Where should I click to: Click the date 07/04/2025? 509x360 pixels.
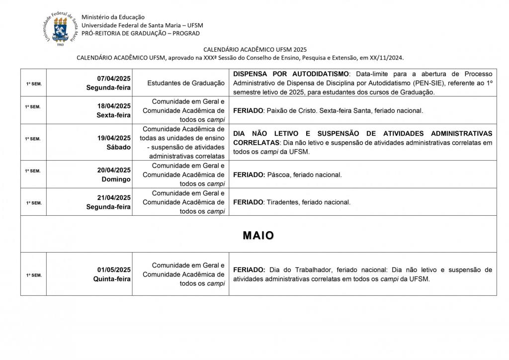pyautogui.click(x=114, y=79)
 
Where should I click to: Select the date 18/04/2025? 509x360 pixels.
pyautogui.click(x=114, y=106)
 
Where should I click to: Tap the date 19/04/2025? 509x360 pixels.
pyautogui.click(x=114, y=138)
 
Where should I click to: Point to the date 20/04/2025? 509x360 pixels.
pyautogui.click(x=114, y=170)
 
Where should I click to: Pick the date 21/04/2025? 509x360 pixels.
pyautogui.click(x=114, y=197)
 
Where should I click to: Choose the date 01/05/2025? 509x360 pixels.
pyautogui.click(x=114, y=270)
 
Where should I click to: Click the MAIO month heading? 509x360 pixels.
pyautogui.click(x=258, y=236)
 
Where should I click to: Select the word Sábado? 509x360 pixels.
pyautogui.click(x=119, y=147)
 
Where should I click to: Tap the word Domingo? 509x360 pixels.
pyautogui.click(x=116, y=179)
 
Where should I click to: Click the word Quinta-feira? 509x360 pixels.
pyautogui.click(x=112, y=279)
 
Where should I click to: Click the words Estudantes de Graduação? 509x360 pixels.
pyautogui.click(x=186, y=83)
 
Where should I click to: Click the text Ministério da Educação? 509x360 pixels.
pyautogui.click(x=110, y=17)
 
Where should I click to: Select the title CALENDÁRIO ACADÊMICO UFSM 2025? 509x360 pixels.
pyautogui.click(x=255, y=50)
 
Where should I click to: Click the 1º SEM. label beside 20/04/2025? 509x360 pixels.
pyautogui.click(x=33, y=171)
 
